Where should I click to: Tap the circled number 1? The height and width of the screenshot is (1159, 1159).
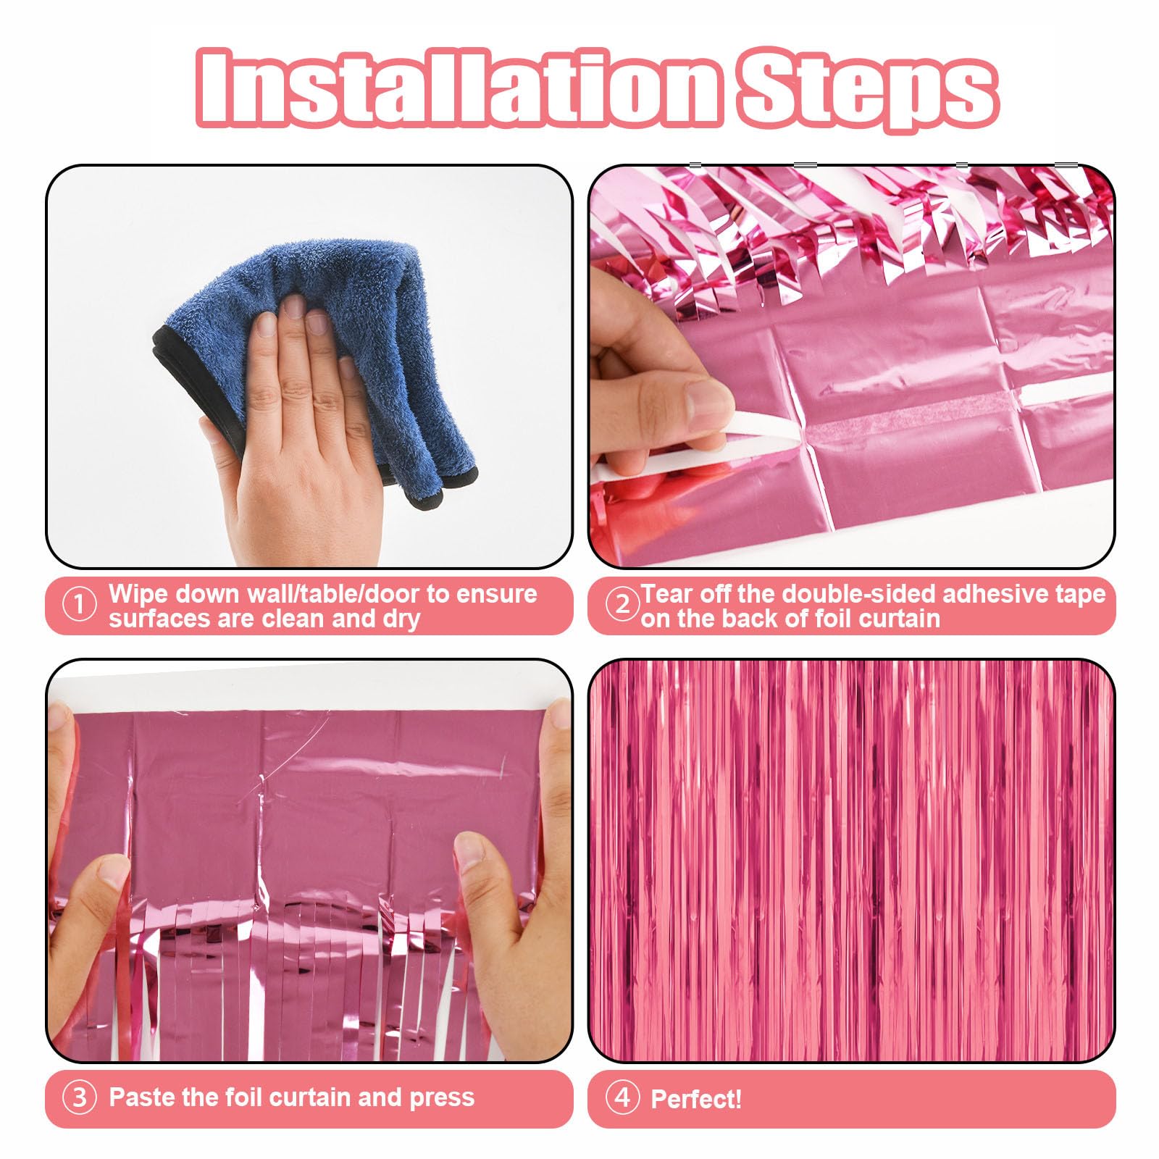coord(79,605)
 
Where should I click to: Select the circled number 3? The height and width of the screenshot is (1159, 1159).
coord(79,1097)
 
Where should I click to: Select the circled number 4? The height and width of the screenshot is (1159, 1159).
coord(622,1097)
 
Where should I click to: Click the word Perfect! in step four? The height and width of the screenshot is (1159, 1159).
coord(696,1099)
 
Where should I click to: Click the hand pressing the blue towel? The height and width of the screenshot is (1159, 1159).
coord(304,420)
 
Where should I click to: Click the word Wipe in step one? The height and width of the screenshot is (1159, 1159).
coord(138,594)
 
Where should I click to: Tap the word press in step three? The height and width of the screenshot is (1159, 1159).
coord(441,1098)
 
